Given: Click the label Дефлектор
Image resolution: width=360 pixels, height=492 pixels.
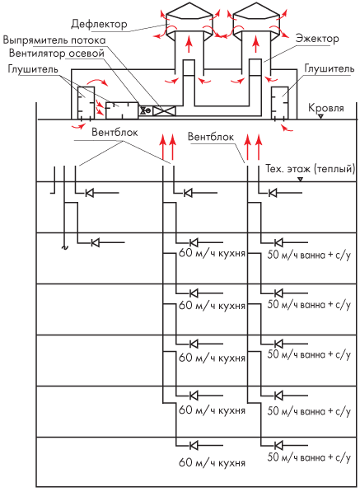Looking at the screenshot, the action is pyautogui.click(x=99, y=24).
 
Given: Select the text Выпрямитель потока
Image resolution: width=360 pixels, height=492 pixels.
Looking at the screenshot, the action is pyautogui.click(x=54, y=40).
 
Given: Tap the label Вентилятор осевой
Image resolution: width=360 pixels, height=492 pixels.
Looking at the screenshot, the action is pyautogui.click(x=57, y=53).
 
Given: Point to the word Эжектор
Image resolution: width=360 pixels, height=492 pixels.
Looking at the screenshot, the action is pyautogui.click(x=317, y=39).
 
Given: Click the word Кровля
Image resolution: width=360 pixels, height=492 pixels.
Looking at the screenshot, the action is pyautogui.click(x=326, y=108).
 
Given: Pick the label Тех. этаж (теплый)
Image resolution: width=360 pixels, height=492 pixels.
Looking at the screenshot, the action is pyautogui.click(x=311, y=169).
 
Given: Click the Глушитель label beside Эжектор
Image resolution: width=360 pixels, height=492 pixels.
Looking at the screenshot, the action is pyautogui.click(x=330, y=68).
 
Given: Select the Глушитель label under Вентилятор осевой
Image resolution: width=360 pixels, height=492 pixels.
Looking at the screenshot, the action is pyautogui.click(x=33, y=69).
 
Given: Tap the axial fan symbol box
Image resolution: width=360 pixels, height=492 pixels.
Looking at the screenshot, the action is pyautogui.click(x=146, y=110).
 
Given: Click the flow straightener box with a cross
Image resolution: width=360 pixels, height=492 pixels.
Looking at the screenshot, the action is pyautogui.click(x=164, y=110).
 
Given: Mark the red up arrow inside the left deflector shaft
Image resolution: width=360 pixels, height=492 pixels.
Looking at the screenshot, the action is pyautogui.click(x=189, y=45).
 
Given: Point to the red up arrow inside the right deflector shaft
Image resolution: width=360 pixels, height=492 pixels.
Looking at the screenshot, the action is pyautogui.click(x=256, y=45).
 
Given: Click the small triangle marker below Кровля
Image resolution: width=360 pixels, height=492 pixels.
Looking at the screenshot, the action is pyautogui.click(x=320, y=117).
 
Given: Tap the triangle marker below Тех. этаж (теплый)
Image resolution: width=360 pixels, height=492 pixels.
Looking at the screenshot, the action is pyautogui.click(x=300, y=179).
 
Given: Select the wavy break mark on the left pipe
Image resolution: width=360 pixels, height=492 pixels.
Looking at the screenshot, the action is pyautogui.click(x=64, y=247).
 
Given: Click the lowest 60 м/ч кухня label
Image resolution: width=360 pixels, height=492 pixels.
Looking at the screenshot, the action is pyautogui.click(x=212, y=463).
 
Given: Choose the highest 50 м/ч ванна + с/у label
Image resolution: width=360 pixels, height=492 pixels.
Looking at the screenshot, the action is pyautogui.click(x=309, y=255).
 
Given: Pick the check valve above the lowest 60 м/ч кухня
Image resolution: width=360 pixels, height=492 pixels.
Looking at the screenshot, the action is pyautogui.click(x=194, y=445).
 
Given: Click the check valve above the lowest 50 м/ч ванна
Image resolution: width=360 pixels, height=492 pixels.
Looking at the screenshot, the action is pyautogui.click(x=278, y=445).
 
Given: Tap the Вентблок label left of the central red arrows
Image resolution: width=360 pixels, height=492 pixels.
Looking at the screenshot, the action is pyautogui.click(x=115, y=132).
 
